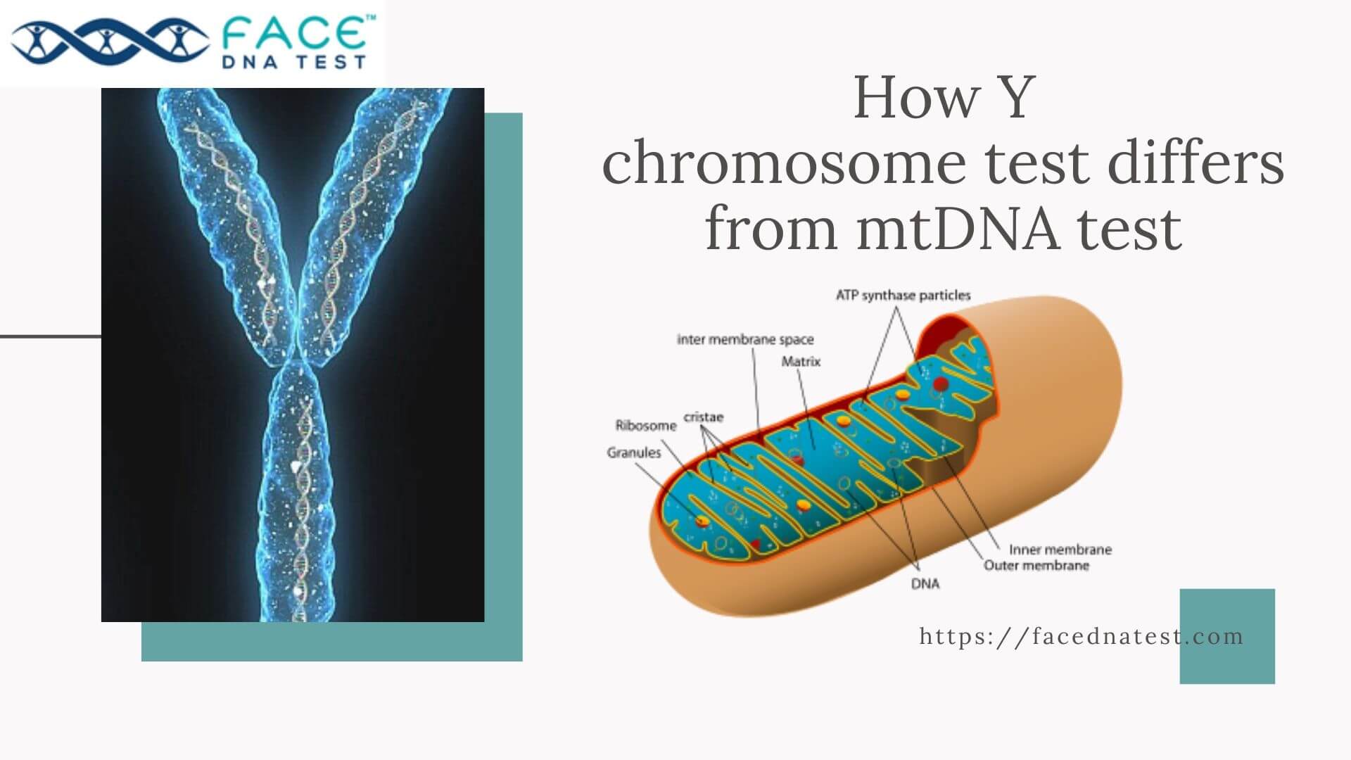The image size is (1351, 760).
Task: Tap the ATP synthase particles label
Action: point(903,295)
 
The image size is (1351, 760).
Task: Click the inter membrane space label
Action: point(745,339)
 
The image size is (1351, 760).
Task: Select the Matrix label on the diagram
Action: point(801,361)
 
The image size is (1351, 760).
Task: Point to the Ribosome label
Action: point(645,425)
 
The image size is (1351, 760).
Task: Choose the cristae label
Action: point(703,417)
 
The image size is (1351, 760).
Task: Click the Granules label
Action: point(634,452)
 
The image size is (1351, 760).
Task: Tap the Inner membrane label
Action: point(1060,549)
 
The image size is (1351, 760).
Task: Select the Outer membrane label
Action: point(1036,565)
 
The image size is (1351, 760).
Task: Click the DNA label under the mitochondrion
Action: point(925,583)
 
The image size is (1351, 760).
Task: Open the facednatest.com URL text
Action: point(1081,636)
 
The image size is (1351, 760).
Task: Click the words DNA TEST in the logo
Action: point(294,62)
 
